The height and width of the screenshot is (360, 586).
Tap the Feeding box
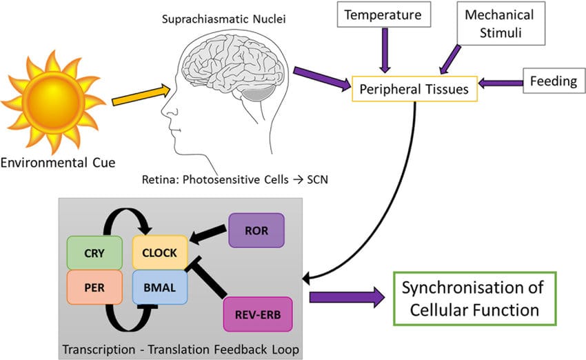[553, 81]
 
